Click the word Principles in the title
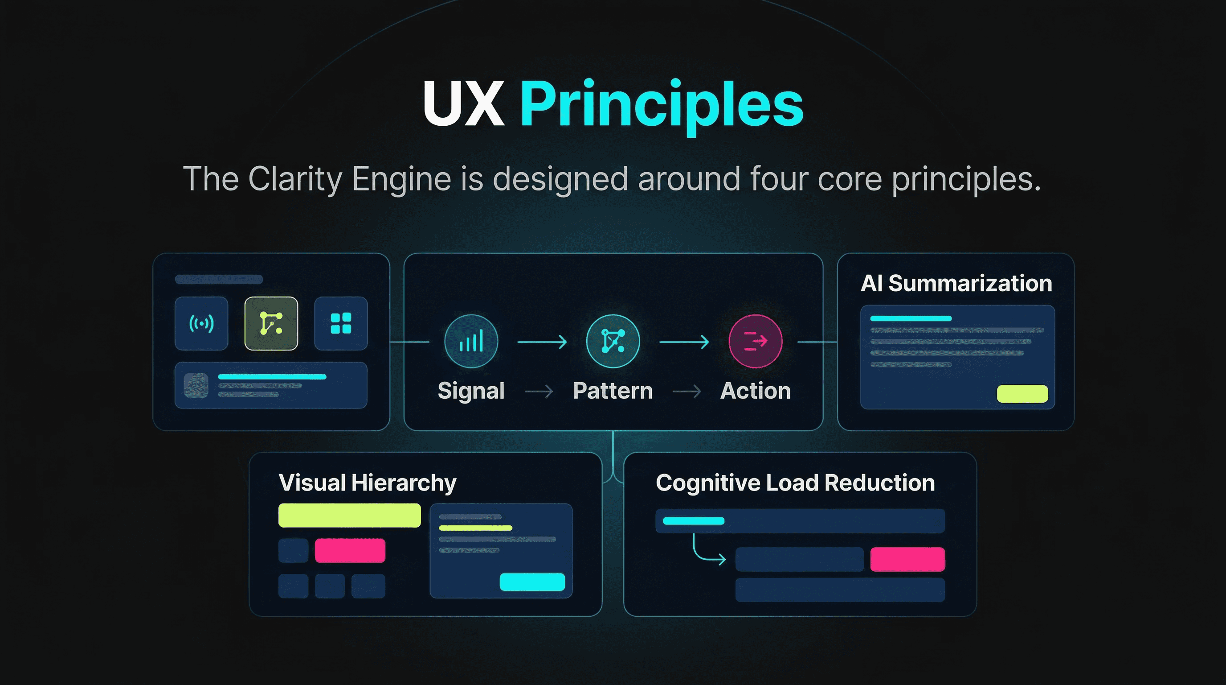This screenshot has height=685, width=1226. click(x=662, y=105)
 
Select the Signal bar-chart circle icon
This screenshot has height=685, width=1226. click(x=471, y=341)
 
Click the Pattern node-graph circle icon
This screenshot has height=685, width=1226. click(x=613, y=341)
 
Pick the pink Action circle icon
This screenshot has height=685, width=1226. click(x=755, y=341)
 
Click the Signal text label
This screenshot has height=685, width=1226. click(x=471, y=391)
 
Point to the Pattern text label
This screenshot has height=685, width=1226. click(x=613, y=391)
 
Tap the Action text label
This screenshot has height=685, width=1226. click(x=755, y=391)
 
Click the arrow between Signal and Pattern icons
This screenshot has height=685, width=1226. click(x=542, y=342)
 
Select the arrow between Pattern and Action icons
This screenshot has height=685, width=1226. click(x=684, y=342)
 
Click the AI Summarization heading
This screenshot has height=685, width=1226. click(x=956, y=284)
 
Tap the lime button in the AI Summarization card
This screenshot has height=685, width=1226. click(x=1022, y=394)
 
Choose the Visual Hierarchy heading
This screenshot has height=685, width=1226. click(x=368, y=483)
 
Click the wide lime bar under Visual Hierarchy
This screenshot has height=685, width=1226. click(x=349, y=516)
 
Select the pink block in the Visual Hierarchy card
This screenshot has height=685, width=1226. click(x=350, y=551)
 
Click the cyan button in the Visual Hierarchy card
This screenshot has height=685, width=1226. click(x=532, y=582)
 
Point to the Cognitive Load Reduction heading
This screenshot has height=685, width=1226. click(x=795, y=483)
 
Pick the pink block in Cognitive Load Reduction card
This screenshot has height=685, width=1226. click(x=907, y=559)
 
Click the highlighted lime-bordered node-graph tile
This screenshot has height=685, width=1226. click(x=271, y=323)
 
